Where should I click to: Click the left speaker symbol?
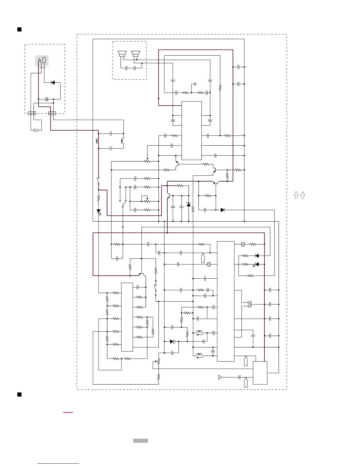[122, 54]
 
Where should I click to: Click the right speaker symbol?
[135, 54]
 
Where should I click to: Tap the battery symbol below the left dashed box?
[36, 130]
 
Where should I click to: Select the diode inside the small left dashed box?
[53, 83]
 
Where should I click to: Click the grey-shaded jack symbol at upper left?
[41, 61]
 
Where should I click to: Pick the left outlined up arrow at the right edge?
[296, 195]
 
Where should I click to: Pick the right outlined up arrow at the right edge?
[303, 195]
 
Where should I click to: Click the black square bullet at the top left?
[19, 29]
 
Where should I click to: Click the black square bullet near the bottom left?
[19, 395]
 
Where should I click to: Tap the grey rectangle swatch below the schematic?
[140, 440]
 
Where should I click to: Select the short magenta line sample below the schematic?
[68, 412]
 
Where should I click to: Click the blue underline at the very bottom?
[58, 463]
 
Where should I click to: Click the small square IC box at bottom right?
[260, 373]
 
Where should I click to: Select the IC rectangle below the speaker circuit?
[191, 131]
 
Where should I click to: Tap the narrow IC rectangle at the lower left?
[127, 317]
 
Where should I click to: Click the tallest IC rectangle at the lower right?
[226, 301]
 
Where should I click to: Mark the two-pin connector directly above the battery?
[32, 113]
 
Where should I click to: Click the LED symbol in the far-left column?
[99, 211]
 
